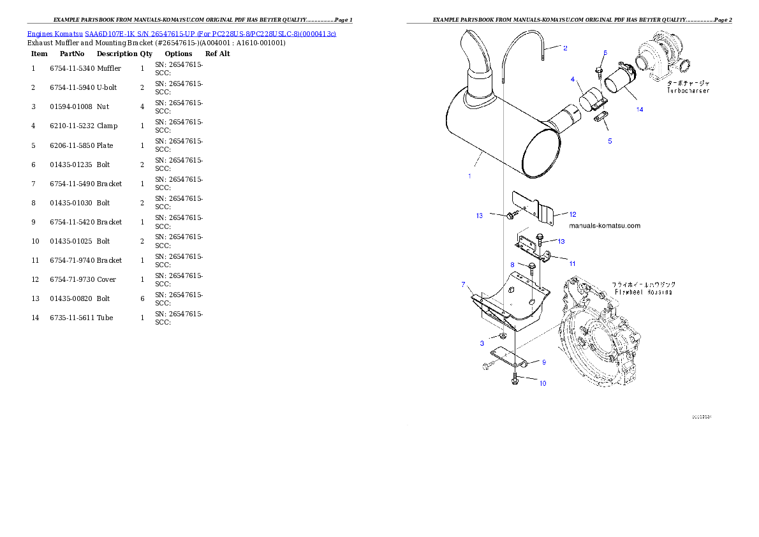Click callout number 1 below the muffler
tap(469, 176)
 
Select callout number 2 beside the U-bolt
tap(564, 48)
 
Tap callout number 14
tap(640, 110)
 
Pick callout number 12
tap(573, 214)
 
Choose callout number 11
tap(572, 263)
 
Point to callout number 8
tap(512, 264)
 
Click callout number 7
tap(464, 284)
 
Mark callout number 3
tap(482, 344)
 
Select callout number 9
tap(543, 362)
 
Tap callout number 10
tap(542, 384)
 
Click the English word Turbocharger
tap(688, 91)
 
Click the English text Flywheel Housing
tap(644, 291)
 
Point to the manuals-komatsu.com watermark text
tap(603, 226)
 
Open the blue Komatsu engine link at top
tap(181, 33)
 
